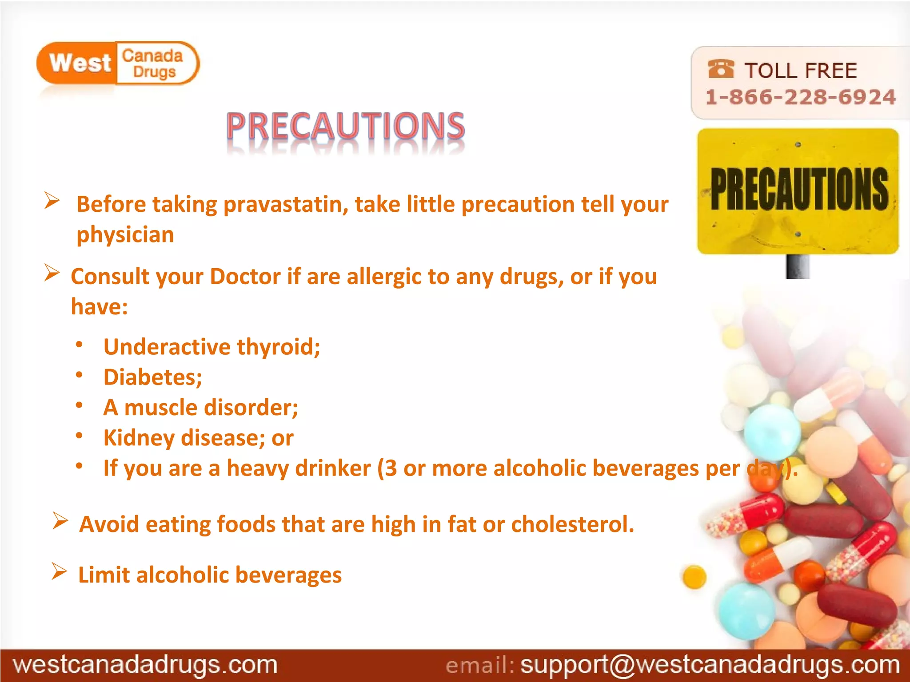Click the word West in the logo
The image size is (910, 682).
pyautogui.click(x=80, y=63)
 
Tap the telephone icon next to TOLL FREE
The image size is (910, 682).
pyautogui.click(x=720, y=69)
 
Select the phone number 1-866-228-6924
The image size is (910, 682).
pyautogui.click(x=800, y=97)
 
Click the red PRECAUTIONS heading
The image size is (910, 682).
pyautogui.click(x=345, y=126)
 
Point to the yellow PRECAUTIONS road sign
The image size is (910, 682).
pyautogui.click(x=798, y=191)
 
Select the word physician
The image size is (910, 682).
pyautogui.click(x=125, y=235)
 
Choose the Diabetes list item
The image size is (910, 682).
pyautogui.click(x=152, y=377)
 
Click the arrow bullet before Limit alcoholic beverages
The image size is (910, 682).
pyautogui.click(x=59, y=571)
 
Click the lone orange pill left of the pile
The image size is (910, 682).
pyautogui.click(x=694, y=577)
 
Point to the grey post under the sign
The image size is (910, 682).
pyautogui.click(x=798, y=266)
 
